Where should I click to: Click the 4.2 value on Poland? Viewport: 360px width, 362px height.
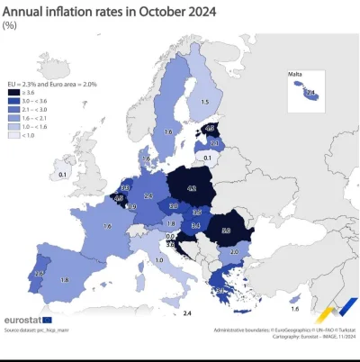(x=192, y=189)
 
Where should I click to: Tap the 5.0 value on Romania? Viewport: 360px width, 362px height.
(x=225, y=231)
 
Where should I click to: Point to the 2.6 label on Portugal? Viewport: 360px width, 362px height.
(x=39, y=273)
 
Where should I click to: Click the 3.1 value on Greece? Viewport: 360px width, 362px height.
(x=220, y=290)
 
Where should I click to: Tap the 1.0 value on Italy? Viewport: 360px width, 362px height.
(x=159, y=260)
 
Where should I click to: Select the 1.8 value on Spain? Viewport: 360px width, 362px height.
(x=65, y=281)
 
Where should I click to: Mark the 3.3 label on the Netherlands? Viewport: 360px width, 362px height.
(x=125, y=187)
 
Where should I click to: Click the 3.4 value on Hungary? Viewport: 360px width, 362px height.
(x=194, y=225)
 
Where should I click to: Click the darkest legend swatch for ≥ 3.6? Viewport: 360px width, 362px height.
(x=13, y=91)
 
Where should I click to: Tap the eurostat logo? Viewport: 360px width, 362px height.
(x=27, y=319)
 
